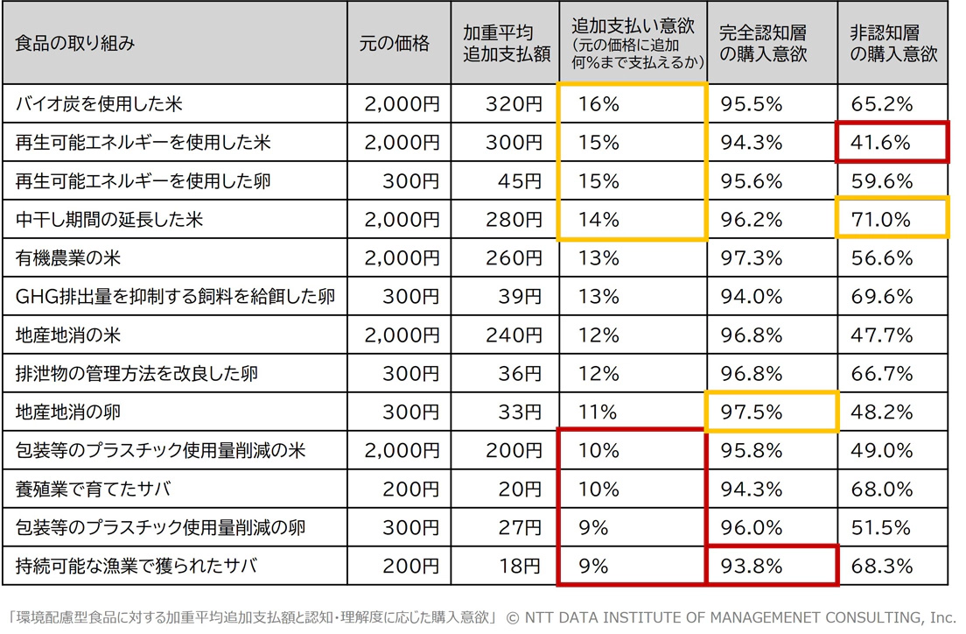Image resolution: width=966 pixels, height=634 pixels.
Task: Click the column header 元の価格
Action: click(394, 43)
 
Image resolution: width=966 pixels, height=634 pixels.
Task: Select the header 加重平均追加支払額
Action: click(507, 43)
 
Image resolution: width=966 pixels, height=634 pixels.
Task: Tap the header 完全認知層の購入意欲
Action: click(763, 43)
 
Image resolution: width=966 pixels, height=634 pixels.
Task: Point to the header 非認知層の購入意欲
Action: click(892, 43)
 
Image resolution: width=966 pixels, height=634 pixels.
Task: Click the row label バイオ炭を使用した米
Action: click(99, 104)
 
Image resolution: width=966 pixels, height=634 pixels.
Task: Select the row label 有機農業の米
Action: click(68, 258)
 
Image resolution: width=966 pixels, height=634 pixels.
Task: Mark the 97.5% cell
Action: click(751, 412)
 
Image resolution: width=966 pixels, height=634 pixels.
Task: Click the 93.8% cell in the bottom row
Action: click(751, 566)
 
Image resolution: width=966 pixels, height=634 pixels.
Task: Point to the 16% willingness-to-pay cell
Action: click(598, 104)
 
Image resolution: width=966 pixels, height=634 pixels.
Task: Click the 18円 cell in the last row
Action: click(521, 566)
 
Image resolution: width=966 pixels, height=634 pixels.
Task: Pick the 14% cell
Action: click(598, 220)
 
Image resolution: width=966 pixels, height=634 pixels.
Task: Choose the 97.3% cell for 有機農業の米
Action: click(751, 258)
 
